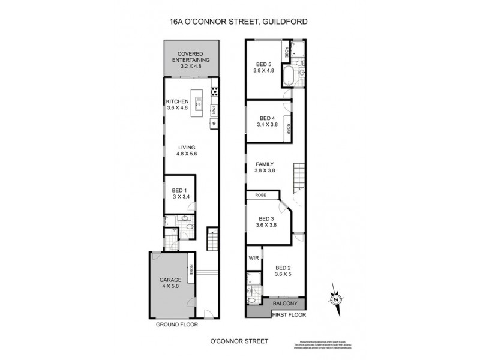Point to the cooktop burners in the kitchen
coord(214,92)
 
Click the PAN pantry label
coord(214,110)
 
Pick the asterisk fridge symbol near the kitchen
coord(214,124)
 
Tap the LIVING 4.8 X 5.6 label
coord(187,150)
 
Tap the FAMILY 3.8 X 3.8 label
coord(265,167)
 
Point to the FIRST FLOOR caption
coord(289,314)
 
